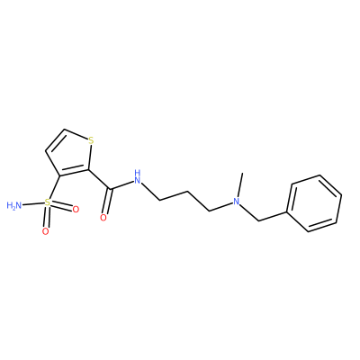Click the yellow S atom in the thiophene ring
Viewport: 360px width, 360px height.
(91, 140)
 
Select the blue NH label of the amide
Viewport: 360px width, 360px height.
(138, 177)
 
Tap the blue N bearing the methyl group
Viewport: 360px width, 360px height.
(237, 202)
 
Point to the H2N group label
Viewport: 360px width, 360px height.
(14, 205)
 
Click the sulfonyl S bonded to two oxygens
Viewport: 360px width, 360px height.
(48, 202)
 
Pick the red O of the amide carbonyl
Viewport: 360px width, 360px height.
(103, 218)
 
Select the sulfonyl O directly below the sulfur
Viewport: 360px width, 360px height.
(45, 231)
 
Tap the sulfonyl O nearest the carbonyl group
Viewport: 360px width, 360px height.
(76, 209)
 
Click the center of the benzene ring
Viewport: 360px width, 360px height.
(315, 203)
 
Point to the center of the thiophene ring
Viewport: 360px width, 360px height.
(70, 156)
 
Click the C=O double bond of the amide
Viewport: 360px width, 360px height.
(108, 202)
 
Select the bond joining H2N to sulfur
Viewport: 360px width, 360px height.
(33, 204)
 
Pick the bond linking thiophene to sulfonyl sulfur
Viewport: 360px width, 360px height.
(54, 188)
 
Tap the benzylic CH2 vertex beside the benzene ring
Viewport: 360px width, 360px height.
(258, 221)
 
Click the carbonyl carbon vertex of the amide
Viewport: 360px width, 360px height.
(112, 189)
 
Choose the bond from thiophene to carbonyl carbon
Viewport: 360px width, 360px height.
(100, 179)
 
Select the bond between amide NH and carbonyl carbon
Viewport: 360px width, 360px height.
(122, 184)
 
